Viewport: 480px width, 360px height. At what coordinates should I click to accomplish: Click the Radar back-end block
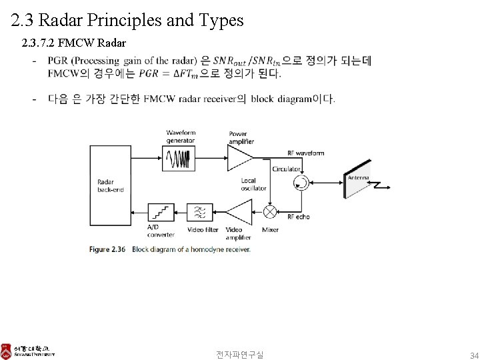click(111, 187)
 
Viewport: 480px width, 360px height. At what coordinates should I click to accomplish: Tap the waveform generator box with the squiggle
click(179, 159)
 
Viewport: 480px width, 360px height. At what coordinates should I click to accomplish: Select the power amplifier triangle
click(239, 159)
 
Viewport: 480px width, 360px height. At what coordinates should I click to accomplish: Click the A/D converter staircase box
click(161, 212)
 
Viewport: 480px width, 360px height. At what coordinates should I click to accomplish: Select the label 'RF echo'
click(299, 217)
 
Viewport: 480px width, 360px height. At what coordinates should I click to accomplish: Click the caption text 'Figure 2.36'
click(107, 249)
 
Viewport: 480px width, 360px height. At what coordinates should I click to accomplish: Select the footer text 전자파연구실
click(239, 354)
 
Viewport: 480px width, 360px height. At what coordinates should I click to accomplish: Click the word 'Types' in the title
click(221, 20)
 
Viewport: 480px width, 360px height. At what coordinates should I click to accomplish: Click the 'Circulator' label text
click(285, 169)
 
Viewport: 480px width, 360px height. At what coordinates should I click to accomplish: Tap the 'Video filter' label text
click(203, 230)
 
